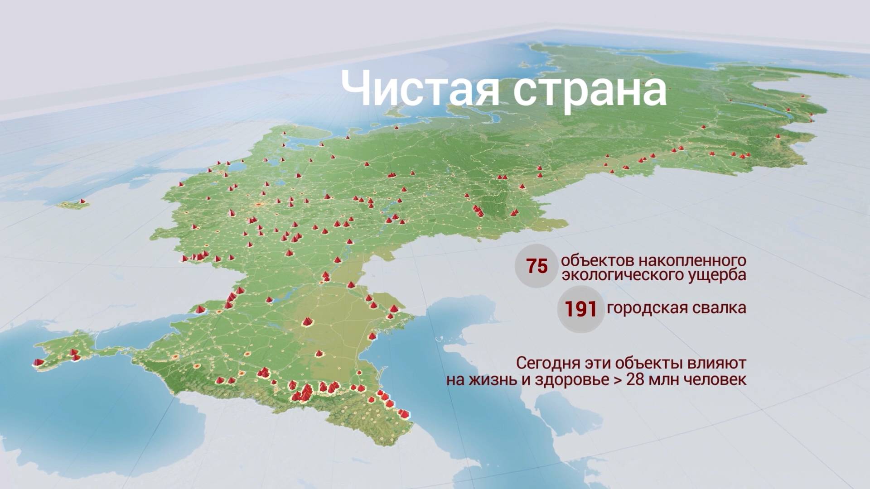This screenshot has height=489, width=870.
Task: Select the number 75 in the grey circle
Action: click(536, 266)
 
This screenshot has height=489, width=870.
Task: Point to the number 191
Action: click(580, 309)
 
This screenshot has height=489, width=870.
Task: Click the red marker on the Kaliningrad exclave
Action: click(82, 201)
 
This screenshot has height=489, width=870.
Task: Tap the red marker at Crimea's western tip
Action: click(39, 362)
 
